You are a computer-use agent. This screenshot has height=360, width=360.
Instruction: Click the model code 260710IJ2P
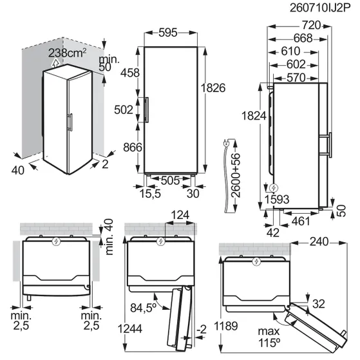click(320, 8)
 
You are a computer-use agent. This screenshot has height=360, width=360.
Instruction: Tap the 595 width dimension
click(168, 33)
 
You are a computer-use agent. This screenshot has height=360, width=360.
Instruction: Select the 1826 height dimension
click(213, 88)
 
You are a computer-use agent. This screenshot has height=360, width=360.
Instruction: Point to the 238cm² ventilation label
click(67, 53)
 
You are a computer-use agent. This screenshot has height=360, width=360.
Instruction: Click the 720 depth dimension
click(311, 25)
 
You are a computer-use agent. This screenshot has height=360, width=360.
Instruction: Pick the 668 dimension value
click(303, 38)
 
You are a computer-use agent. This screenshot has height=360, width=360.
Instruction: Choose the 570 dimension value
click(296, 77)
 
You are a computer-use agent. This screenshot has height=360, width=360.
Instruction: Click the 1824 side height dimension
click(254, 116)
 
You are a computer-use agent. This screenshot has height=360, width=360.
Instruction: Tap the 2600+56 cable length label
click(236, 176)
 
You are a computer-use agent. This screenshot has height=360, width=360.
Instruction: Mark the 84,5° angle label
click(143, 308)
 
